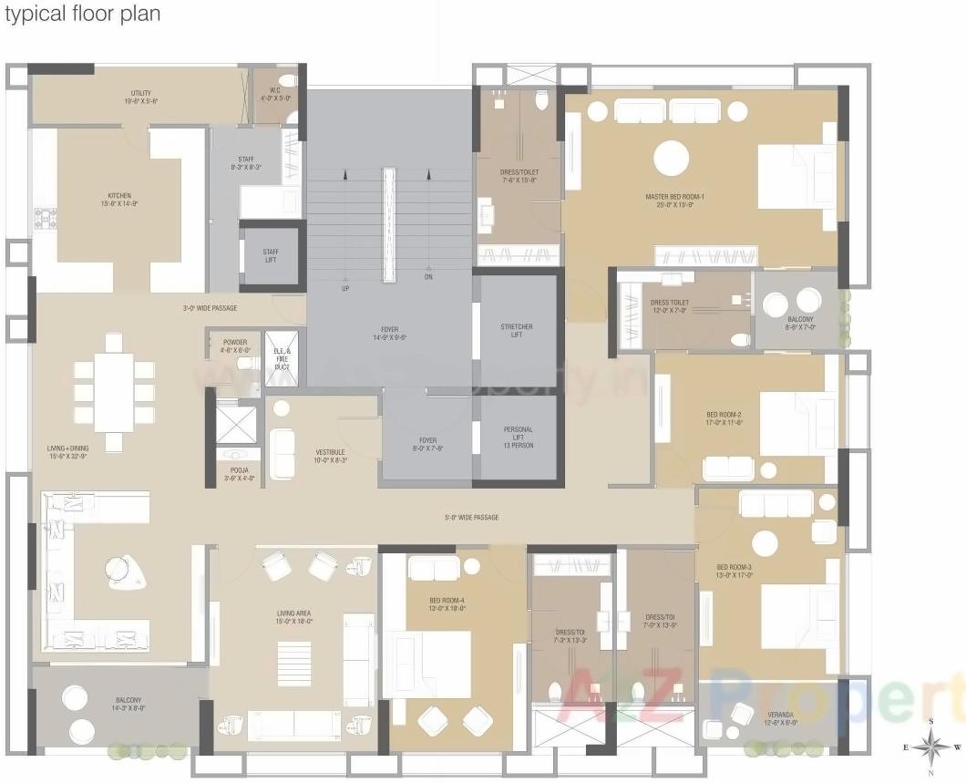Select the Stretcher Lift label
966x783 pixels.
(517, 330)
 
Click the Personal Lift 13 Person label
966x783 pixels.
(518, 437)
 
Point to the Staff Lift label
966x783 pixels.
(271, 256)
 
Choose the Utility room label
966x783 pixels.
(140, 97)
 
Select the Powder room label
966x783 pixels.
(235, 346)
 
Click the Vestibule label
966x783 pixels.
(329, 456)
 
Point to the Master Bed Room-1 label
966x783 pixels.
(675, 201)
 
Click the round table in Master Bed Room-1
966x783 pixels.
(672, 159)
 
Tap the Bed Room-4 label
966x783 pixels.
(447, 603)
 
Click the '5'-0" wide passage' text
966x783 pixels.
(471, 518)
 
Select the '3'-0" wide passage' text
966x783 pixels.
(210, 308)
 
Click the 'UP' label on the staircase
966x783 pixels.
(345, 288)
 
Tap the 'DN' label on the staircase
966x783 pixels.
(428, 276)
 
